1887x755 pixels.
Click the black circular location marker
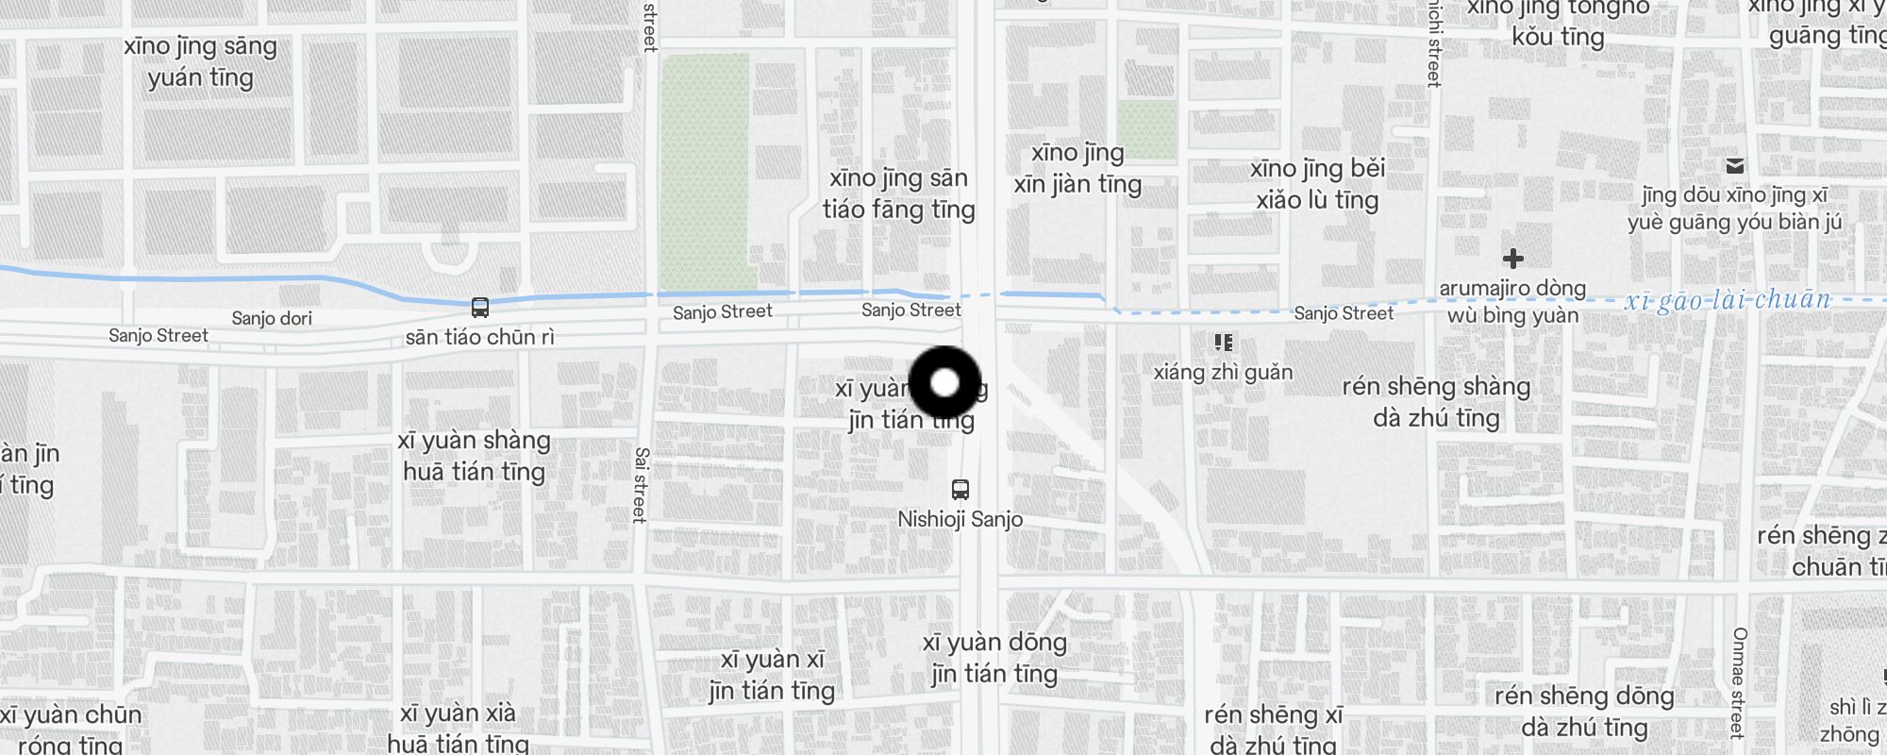click(944, 382)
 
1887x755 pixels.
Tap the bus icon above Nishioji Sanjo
click(960, 489)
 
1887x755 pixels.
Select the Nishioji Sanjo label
click(960, 519)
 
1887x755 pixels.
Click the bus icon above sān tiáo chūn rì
click(480, 308)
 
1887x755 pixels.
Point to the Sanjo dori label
click(272, 318)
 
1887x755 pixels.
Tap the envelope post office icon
click(1734, 166)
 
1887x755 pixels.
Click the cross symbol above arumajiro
click(1513, 259)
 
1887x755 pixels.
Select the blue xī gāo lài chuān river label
click(1727, 301)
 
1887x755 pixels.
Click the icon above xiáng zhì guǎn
click(1224, 343)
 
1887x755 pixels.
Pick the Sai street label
click(641, 485)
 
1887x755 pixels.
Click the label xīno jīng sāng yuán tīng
click(200, 61)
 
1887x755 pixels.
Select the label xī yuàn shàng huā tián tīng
click(474, 456)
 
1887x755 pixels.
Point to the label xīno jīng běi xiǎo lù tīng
click(1317, 184)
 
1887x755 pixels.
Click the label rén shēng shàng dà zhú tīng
click(1436, 401)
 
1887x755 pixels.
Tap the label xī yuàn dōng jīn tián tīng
click(994, 658)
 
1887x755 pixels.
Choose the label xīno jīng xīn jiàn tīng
click(1077, 168)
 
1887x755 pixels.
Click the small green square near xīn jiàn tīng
click(1147, 129)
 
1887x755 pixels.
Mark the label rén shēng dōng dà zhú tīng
click(1584, 712)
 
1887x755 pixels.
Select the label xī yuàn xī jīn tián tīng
click(772, 675)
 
